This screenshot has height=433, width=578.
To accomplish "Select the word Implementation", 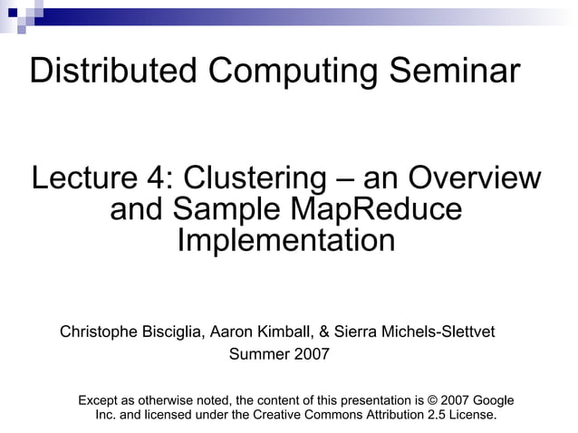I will pyautogui.click(x=285, y=242).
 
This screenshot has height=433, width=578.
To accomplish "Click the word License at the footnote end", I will pyautogui.click(x=474, y=416).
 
